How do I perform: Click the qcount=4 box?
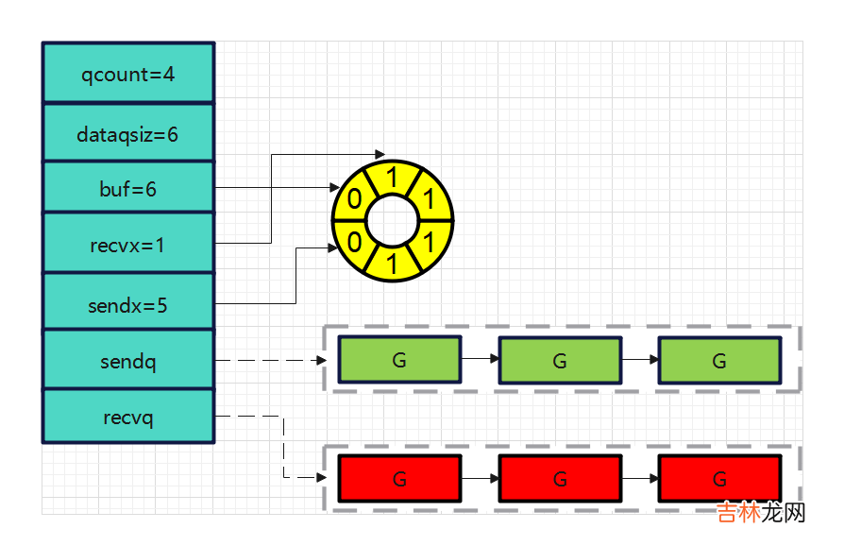click(x=128, y=73)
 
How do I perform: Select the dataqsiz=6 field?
click(x=128, y=134)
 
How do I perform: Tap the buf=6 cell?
click(x=128, y=189)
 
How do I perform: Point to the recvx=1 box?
click(x=128, y=246)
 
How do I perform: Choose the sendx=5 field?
click(x=128, y=305)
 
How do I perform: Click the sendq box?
click(x=128, y=361)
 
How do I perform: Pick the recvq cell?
click(x=128, y=417)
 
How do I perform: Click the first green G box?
click(x=399, y=360)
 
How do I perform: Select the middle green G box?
click(x=560, y=360)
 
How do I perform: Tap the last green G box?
click(x=719, y=360)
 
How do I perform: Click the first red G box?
click(x=399, y=479)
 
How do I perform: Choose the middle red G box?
click(x=560, y=479)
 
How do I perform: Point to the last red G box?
click(x=719, y=479)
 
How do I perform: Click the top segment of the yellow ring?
click(x=392, y=176)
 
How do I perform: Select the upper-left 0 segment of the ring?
click(x=354, y=199)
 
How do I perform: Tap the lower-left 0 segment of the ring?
click(x=354, y=242)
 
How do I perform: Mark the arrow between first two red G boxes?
click(x=480, y=479)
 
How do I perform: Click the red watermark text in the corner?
click(x=760, y=513)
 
